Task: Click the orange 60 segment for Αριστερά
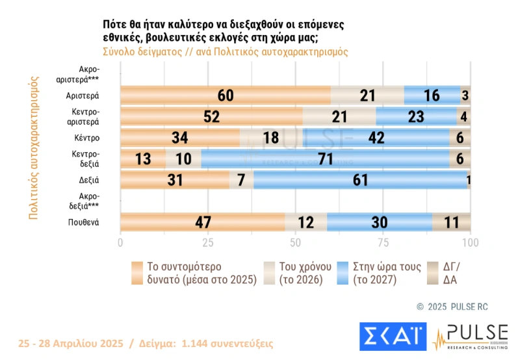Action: (x=226, y=96)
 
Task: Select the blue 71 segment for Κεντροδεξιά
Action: (x=325, y=159)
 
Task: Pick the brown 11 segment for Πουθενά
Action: (x=451, y=222)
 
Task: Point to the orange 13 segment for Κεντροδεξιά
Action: (x=143, y=159)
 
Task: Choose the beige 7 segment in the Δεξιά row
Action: (x=241, y=180)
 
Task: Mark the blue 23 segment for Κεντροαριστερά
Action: (x=416, y=117)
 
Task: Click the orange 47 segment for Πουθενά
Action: (x=202, y=222)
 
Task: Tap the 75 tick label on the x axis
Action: (x=383, y=242)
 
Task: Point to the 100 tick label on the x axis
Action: (x=470, y=242)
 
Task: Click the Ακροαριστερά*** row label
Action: (x=85, y=73)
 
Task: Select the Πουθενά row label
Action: (x=84, y=223)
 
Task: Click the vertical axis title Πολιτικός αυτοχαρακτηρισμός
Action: (x=34, y=150)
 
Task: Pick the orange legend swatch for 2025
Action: (x=136, y=273)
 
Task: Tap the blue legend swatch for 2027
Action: (x=341, y=273)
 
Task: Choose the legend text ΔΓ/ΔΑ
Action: (x=452, y=273)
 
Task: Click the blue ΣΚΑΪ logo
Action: (x=391, y=335)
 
